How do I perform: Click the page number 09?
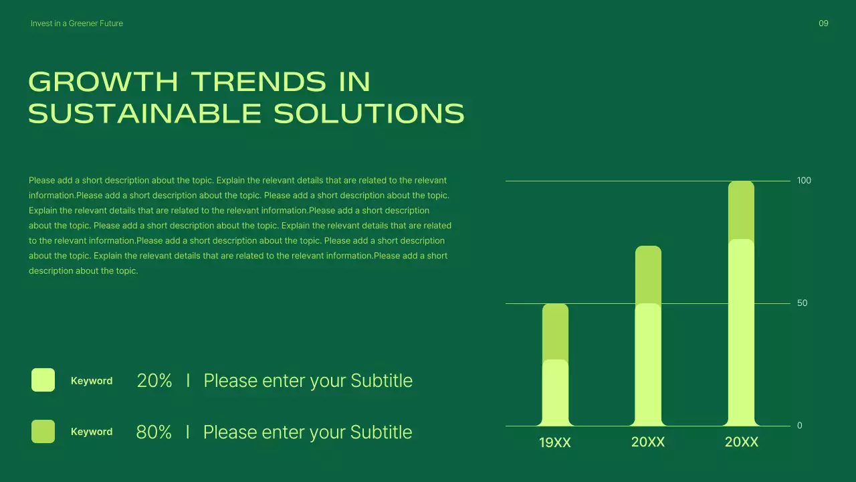[x=823, y=23]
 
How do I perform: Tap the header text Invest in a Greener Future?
[x=77, y=23]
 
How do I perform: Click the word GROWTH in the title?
[x=103, y=82]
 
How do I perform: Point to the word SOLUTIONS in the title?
[x=369, y=114]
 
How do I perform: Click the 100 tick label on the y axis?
[x=804, y=181]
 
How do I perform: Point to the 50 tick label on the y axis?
[x=802, y=303]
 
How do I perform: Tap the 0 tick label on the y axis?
[x=800, y=426]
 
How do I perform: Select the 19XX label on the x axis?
[x=555, y=443]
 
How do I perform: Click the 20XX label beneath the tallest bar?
[x=742, y=443]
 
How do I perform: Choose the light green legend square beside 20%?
[x=43, y=380]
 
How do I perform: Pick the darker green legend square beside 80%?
[x=43, y=432]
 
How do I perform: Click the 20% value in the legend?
[x=154, y=381]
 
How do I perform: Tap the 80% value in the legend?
[x=154, y=432]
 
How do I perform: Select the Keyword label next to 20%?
[x=92, y=381]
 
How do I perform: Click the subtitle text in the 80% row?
[x=308, y=432]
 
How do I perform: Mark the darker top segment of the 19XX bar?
[x=555, y=331]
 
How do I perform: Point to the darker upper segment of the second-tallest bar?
[x=648, y=274]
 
